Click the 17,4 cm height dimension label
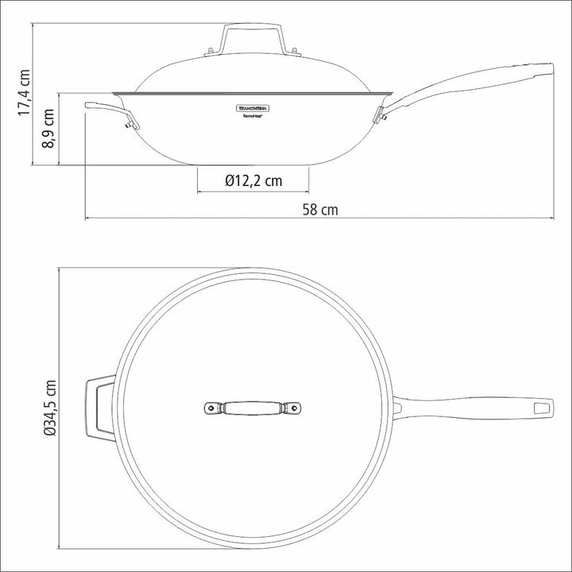[x=24, y=94]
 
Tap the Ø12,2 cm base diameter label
[x=253, y=180]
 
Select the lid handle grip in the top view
[x=253, y=408]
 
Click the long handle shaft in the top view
[x=469, y=408]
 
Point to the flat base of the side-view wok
[x=253, y=164]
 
